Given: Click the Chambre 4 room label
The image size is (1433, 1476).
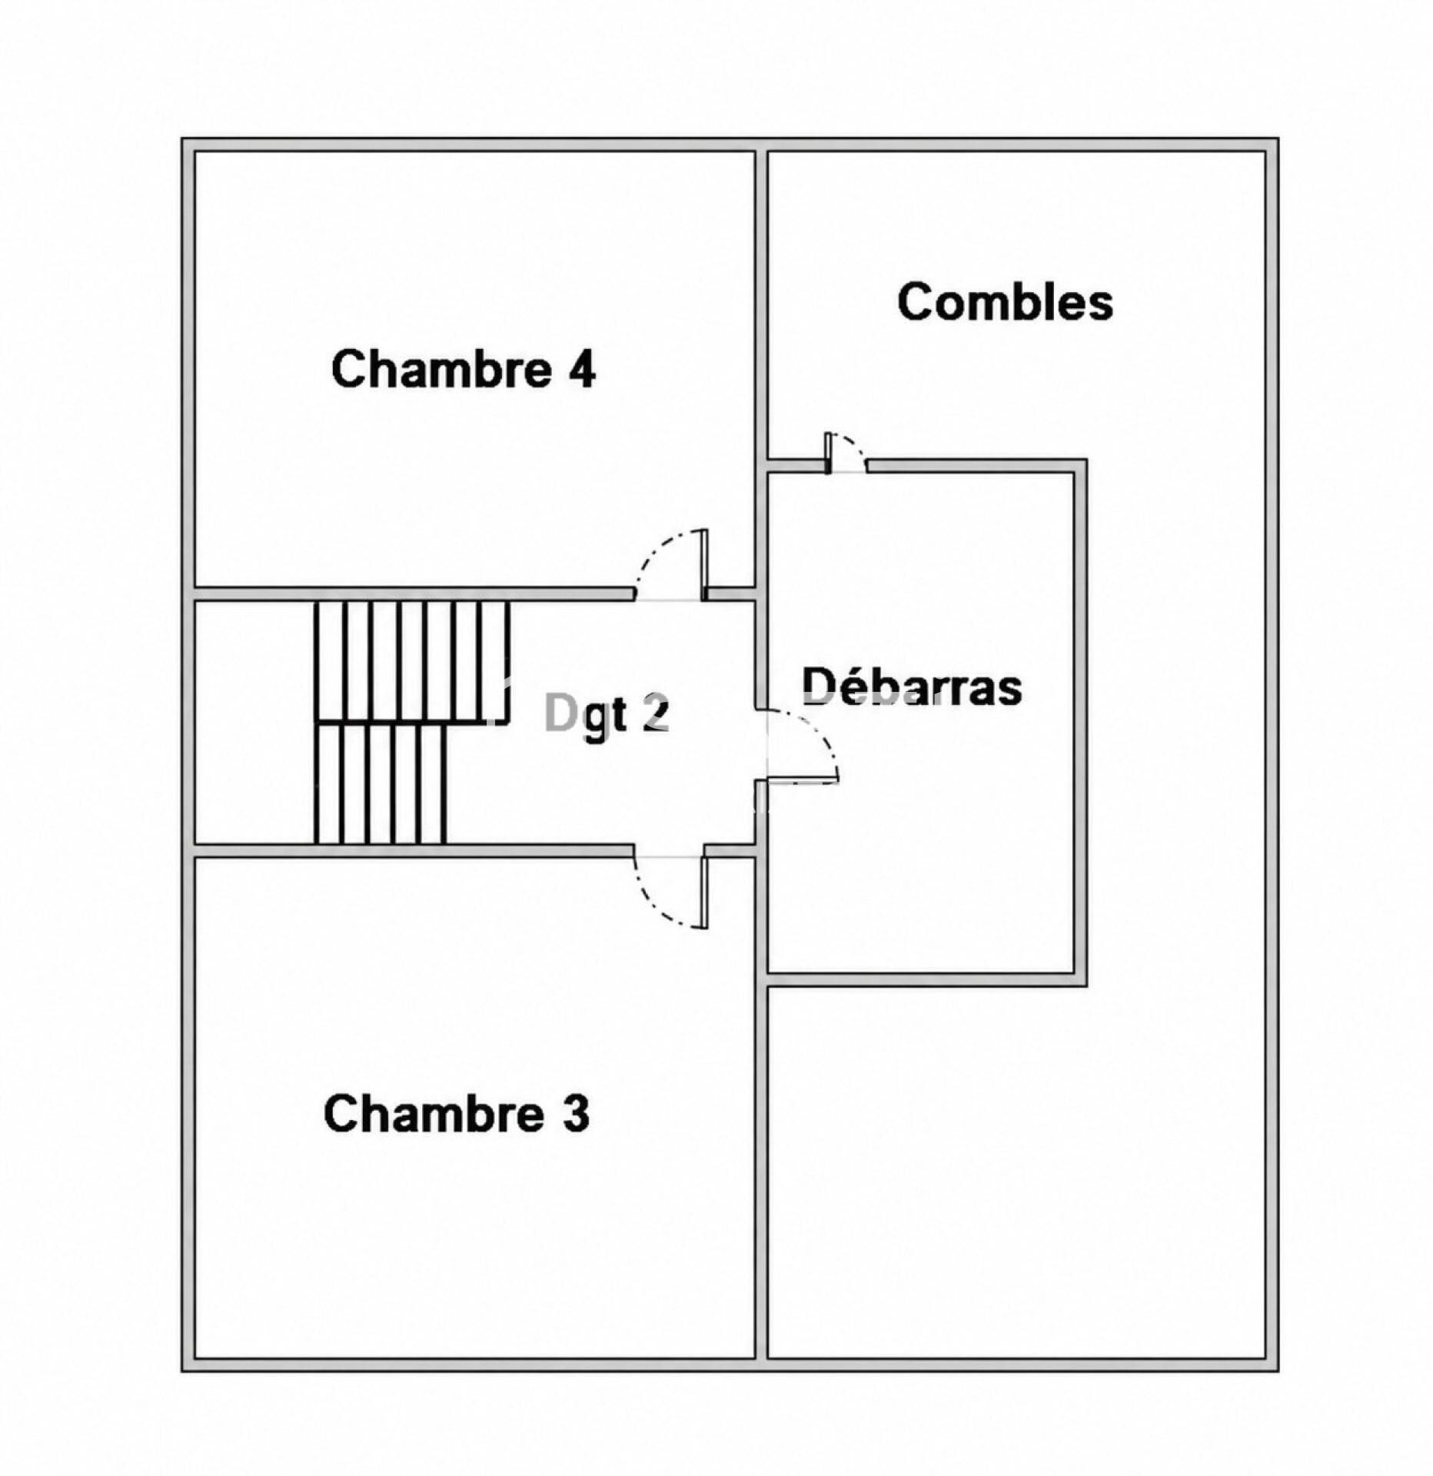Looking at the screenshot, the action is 464,369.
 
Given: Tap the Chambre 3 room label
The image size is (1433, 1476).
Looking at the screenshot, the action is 457,1114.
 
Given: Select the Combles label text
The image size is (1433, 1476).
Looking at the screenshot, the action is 1005,301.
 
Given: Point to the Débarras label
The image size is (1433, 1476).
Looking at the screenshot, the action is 913,686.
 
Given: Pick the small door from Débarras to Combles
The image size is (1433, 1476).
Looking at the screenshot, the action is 846,453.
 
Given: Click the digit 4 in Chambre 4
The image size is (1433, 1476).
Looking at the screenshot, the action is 582,370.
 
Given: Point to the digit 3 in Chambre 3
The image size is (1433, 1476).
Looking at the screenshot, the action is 577,1115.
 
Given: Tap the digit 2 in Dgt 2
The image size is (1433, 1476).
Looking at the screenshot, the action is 656,714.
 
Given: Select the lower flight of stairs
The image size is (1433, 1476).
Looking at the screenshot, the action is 381,783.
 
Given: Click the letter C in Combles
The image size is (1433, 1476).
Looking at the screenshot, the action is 915,301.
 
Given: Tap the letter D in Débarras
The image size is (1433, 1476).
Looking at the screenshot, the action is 819,686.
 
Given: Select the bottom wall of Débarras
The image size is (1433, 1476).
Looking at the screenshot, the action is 926,979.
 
